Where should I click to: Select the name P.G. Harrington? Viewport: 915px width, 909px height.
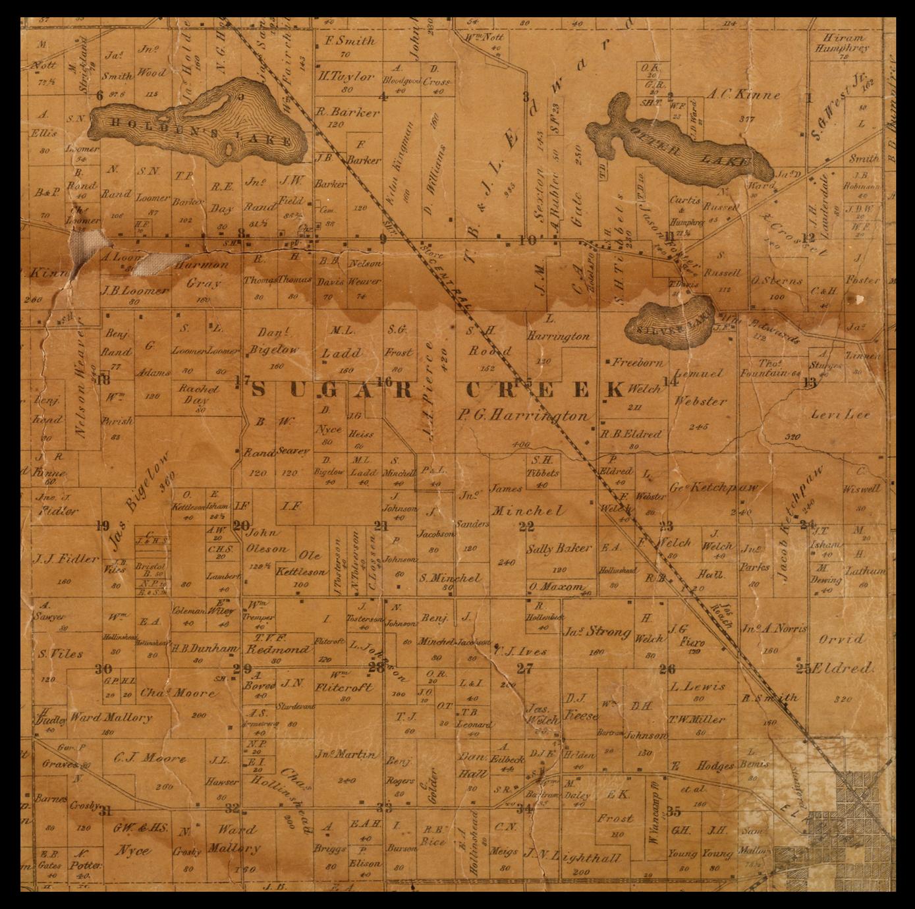coord(524,416)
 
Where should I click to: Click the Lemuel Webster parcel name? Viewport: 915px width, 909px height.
coord(700,387)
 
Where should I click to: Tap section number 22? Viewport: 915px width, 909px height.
coord(526,526)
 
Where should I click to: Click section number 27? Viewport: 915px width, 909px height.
coord(524,669)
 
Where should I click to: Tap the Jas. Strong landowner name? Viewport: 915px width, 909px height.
coord(597,632)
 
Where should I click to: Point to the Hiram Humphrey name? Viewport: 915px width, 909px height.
coord(842,43)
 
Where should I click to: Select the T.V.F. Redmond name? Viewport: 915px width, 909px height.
coord(277,644)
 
